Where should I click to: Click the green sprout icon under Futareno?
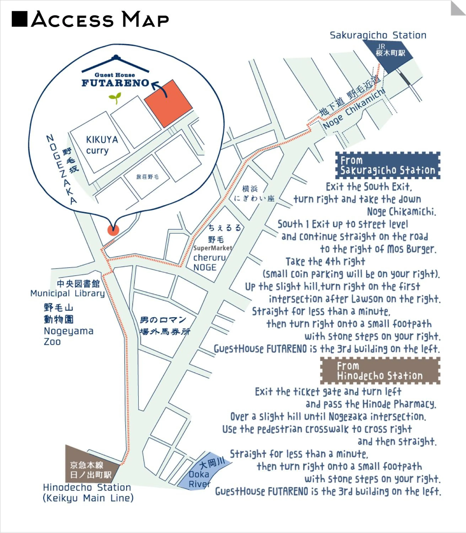[x=115, y=98]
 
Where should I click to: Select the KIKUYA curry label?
[x=102, y=145]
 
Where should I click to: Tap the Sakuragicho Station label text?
[x=378, y=35]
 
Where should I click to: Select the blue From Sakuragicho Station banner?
[x=387, y=165]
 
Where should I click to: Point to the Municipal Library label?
[x=68, y=293]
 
